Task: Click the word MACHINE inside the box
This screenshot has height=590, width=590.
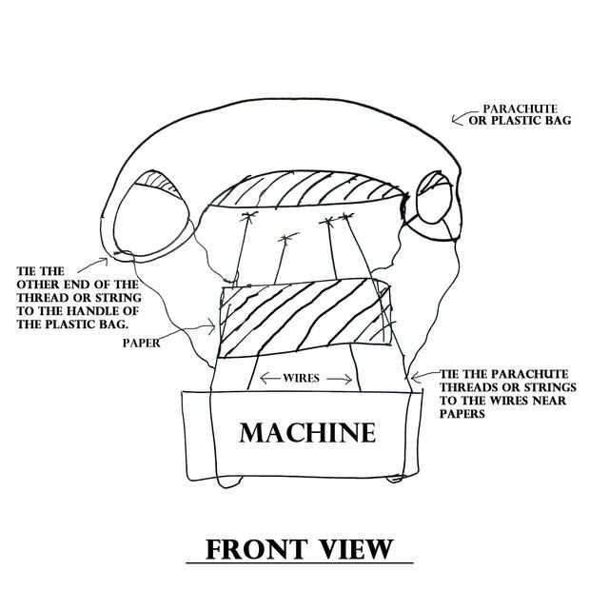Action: click(307, 433)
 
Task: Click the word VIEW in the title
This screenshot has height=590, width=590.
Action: click(359, 550)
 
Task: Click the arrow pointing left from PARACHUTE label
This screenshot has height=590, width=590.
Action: click(463, 119)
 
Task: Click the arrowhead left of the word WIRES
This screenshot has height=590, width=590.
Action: click(266, 378)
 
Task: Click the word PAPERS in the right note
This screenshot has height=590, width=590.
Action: click(462, 414)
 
